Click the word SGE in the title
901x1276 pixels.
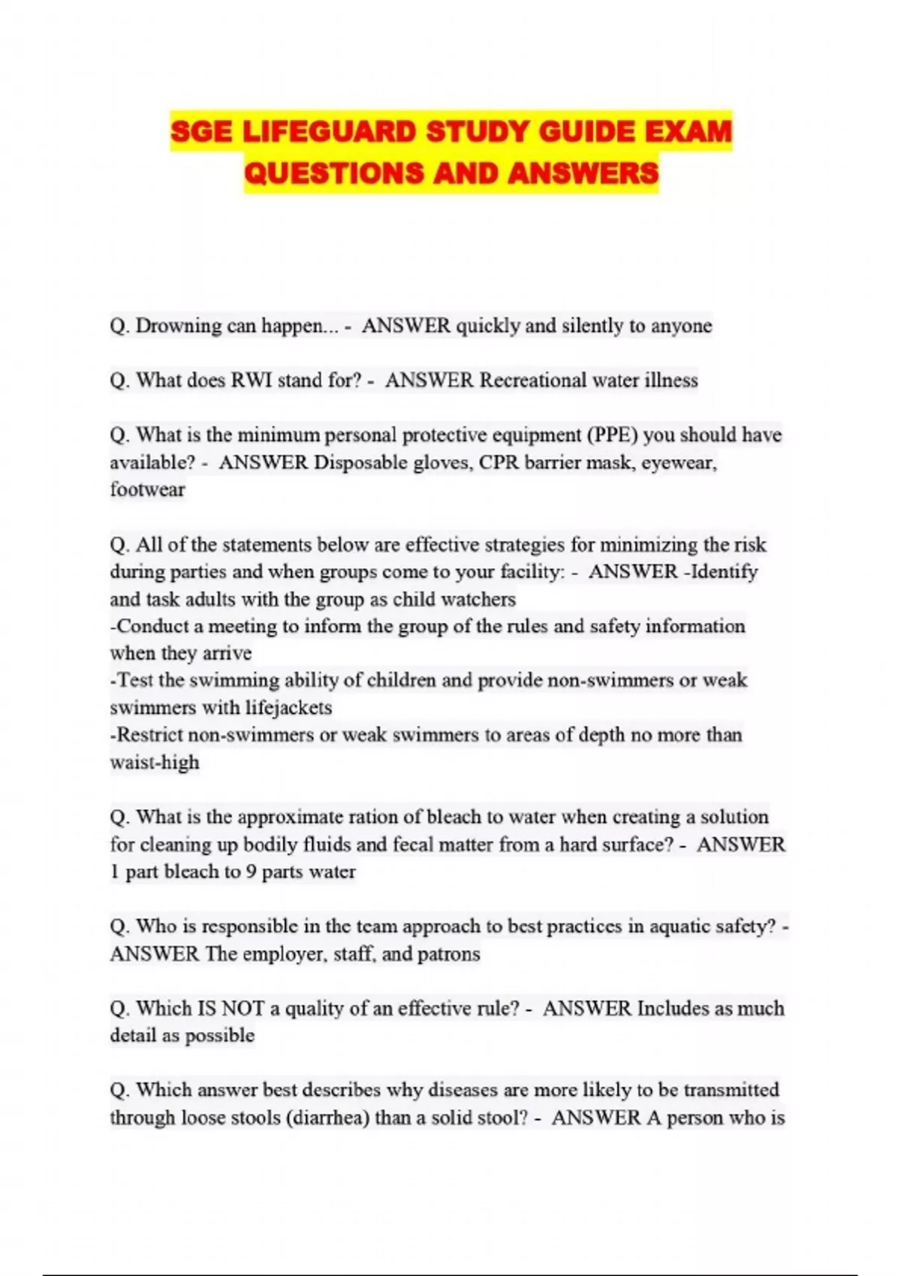click(202, 132)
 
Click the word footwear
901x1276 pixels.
click(147, 489)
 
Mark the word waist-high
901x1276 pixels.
click(155, 763)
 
